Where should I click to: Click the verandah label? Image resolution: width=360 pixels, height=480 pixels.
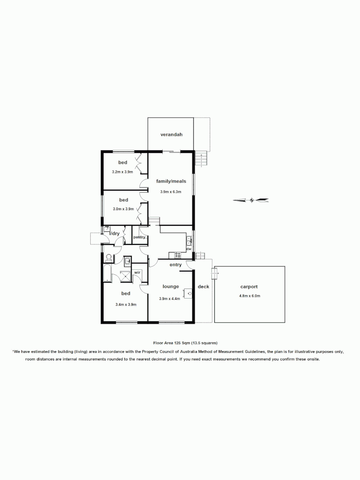click(171, 134)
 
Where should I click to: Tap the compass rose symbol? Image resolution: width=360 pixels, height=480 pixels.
click(252, 200)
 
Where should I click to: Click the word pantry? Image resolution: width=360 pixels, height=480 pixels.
click(140, 237)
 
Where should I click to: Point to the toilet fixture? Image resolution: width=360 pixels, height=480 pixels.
click(108, 257)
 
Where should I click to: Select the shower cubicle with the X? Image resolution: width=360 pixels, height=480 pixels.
click(127, 276)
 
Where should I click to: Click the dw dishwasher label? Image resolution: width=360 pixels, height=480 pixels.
click(188, 249)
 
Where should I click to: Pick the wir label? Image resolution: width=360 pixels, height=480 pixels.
click(137, 272)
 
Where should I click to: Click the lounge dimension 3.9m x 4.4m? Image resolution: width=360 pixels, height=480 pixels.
click(169, 299)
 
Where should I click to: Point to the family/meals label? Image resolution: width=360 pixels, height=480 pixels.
click(171, 181)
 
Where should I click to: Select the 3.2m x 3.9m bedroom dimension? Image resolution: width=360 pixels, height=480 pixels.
click(122, 172)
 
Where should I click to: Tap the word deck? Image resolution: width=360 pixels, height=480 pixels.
click(204, 287)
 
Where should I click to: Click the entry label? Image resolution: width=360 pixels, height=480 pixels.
click(176, 265)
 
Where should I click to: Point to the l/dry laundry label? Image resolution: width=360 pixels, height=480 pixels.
click(115, 233)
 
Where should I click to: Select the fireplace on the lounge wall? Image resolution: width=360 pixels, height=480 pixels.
click(190, 293)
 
